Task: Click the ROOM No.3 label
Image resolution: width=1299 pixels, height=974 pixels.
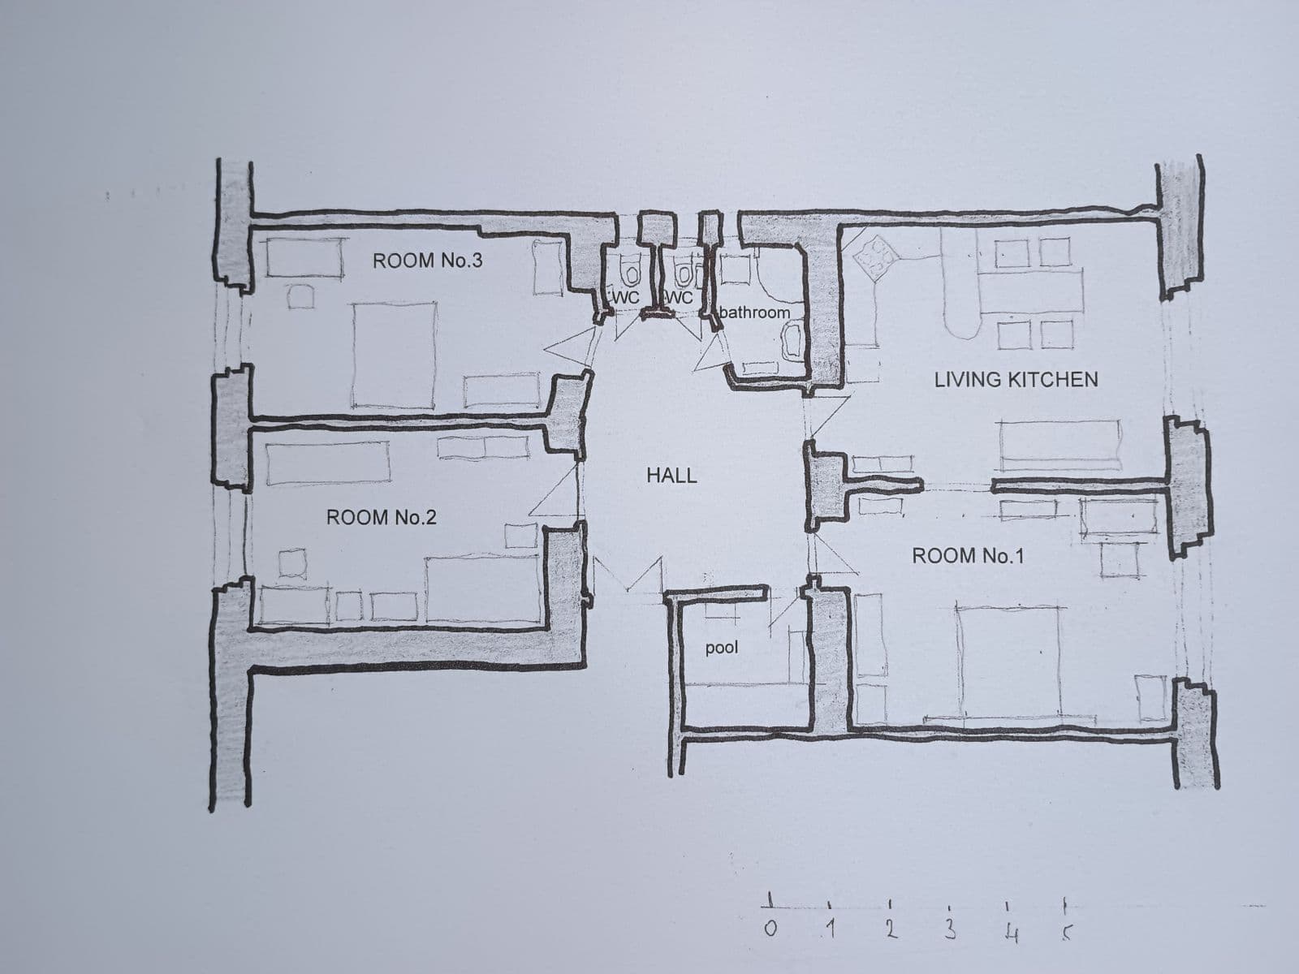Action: click(427, 261)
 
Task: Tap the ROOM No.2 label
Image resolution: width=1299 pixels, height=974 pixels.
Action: click(381, 517)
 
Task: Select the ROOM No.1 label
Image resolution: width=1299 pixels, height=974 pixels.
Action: click(968, 556)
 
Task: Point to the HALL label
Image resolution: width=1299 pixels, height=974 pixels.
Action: click(671, 476)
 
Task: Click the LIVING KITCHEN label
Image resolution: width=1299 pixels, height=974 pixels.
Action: click(1016, 379)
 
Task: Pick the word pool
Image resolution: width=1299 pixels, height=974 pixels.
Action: click(721, 648)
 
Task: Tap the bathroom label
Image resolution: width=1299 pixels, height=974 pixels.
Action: click(754, 312)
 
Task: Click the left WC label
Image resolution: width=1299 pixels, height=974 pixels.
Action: click(626, 298)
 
